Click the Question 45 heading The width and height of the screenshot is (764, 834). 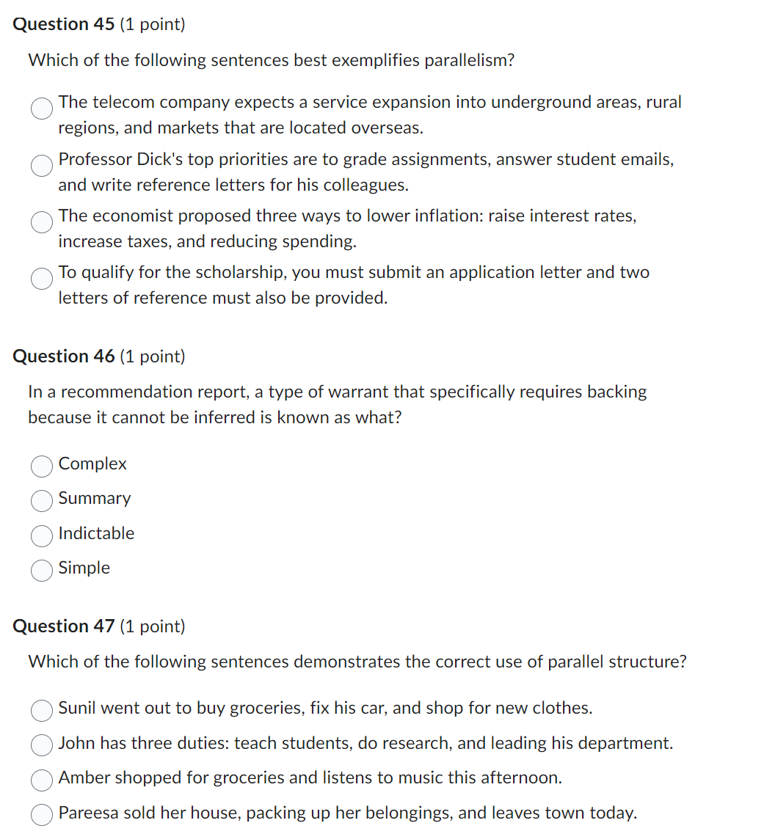pos(64,24)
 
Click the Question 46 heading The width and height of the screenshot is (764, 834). pos(64,356)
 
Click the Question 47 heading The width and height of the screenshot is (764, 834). pos(64,626)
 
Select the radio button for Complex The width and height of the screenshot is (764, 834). pos(42,465)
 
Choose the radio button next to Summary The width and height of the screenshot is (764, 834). pos(42,500)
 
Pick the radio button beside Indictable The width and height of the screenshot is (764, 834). pos(42,535)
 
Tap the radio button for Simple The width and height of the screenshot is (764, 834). pos(42,569)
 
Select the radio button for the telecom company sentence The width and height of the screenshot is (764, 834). pos(42,109)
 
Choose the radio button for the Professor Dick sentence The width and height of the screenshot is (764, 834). pos(42,165)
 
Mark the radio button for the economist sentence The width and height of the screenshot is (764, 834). pos(42,222)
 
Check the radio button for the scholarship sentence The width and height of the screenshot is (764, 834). pos(42,278)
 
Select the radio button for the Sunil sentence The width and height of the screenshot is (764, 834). pos(42,709)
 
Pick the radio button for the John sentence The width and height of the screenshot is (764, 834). pos(42,745)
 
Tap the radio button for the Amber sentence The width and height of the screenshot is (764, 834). pos(42,779)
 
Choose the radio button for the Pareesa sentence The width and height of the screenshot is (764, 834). pos(42,814)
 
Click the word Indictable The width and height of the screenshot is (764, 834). pos(96,533)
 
